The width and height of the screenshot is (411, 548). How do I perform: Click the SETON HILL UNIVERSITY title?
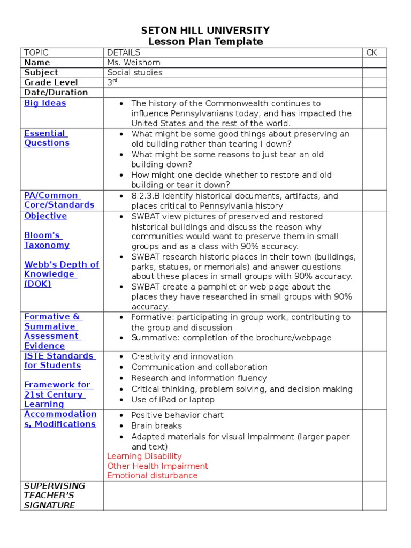click(x=205, y=31)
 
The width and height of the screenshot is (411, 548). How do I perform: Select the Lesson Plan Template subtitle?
click(x=205, y=42)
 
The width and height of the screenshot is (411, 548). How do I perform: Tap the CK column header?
click(x=371, y=52)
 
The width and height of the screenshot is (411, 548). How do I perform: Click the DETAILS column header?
click(x=124, y=52)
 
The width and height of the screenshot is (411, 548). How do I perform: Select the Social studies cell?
click(x=134, y=73)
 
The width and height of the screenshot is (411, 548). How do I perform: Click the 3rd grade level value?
click(x=112, y=82)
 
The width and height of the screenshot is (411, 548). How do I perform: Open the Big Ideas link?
click(x=45, y=103)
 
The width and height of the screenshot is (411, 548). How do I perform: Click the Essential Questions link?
click(x=46, y=138)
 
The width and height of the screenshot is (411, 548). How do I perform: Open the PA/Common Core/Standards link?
click(x=59, y=200)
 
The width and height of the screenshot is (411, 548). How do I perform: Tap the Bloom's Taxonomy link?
click(x=47, y=240)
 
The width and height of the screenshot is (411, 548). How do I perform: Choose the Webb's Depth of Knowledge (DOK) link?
click(x=61, y=274)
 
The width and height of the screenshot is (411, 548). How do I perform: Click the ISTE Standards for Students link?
click(x=59, y=361)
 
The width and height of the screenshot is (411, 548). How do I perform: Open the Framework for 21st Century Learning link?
click(x=58, y=394)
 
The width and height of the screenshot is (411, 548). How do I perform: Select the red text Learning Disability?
click(x=144, y=456)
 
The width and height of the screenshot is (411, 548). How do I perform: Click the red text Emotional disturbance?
click(x=152, y=475)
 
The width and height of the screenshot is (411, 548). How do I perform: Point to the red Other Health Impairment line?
click(x=157, y=466)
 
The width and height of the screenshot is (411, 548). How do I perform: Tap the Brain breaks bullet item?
click(x=156, y=426)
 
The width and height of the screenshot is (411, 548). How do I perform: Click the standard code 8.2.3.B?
click(x=147, y=196)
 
